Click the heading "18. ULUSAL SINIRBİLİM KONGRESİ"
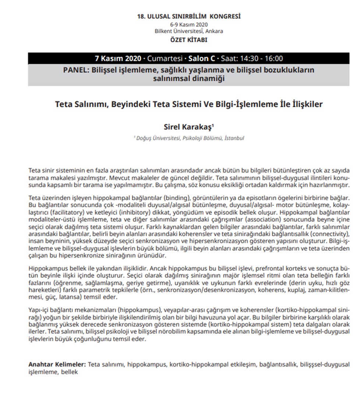click(188, 16)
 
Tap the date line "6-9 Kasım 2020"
click(188, 25)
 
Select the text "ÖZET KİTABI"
click(188, 40)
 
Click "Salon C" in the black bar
click(202, 59)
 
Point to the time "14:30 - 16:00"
click(261, 59)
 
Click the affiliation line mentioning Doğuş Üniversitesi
click(188, 138)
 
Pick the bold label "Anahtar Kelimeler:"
click(57, 365)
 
